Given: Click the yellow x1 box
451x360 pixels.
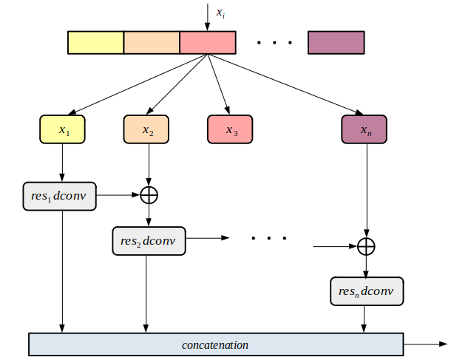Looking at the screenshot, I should [63, 130].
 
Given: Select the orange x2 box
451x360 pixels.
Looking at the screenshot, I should [147, 130].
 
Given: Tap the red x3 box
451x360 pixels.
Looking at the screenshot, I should [231, 130].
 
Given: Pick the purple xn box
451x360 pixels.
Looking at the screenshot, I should [364, 130].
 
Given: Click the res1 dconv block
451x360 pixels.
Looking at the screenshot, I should [59, 195].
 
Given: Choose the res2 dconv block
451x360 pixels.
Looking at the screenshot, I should [149, 241].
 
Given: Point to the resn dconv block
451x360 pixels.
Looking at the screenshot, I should [366, 291].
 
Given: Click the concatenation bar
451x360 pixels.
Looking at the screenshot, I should [215, 344].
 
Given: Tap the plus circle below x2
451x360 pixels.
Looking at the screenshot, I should [149, 195].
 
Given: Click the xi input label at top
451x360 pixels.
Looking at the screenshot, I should [220, 12].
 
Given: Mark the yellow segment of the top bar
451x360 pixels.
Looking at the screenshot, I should [95, 43].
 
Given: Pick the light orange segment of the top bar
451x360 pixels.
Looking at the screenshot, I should [152, 43].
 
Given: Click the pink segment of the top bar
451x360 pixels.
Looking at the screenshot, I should [208, 43].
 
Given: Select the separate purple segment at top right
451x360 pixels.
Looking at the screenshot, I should [336, 43].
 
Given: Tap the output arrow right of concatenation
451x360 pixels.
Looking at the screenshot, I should [425, 344].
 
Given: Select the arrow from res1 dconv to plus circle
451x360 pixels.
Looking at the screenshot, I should [118, 195].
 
